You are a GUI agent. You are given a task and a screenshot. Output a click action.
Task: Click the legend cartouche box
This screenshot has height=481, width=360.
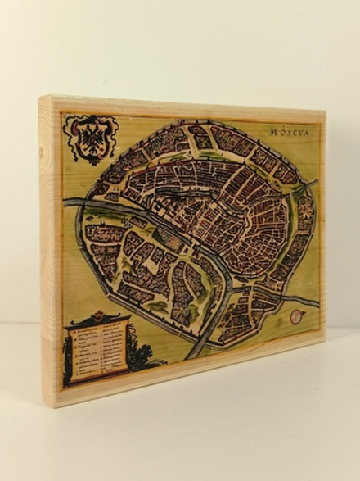pos(97,352)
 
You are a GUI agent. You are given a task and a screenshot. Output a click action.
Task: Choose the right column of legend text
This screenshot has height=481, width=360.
pos(113,349)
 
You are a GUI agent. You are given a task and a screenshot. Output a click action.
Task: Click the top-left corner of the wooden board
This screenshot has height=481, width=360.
pos(40,97)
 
